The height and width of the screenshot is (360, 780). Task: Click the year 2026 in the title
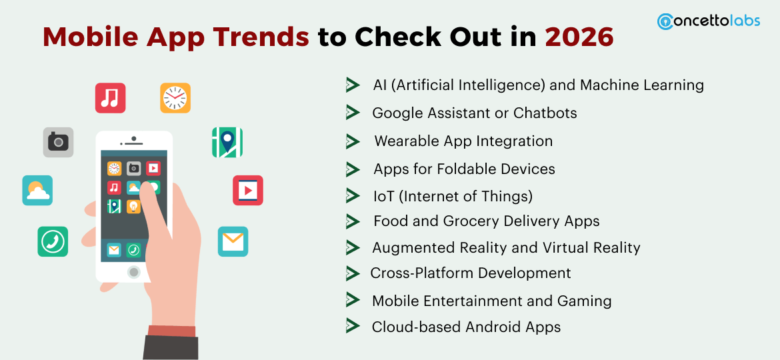point(579,37)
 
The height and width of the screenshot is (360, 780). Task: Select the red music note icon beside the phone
point(110,98)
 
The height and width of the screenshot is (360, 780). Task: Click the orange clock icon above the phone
point(175,98)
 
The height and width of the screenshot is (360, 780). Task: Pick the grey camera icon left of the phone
point(58,142)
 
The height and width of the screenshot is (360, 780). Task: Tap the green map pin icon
point(227,142)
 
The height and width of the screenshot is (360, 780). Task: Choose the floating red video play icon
point(247,191)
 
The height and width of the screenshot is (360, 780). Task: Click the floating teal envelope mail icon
point(233,241)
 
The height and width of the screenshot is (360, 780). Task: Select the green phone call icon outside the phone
point(53,241)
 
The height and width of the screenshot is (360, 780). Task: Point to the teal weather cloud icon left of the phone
point(37,191)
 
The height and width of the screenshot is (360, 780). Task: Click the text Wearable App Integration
point(463,141)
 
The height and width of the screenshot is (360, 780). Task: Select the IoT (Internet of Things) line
point(453,196)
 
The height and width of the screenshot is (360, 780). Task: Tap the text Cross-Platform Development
point(471,273)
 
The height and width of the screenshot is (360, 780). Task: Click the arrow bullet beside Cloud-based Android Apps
point(353,326)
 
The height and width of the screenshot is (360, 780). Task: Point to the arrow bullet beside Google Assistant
point(353,113)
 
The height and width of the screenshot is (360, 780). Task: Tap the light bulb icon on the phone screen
point(134,207)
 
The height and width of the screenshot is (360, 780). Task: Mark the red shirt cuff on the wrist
point(172,330)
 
